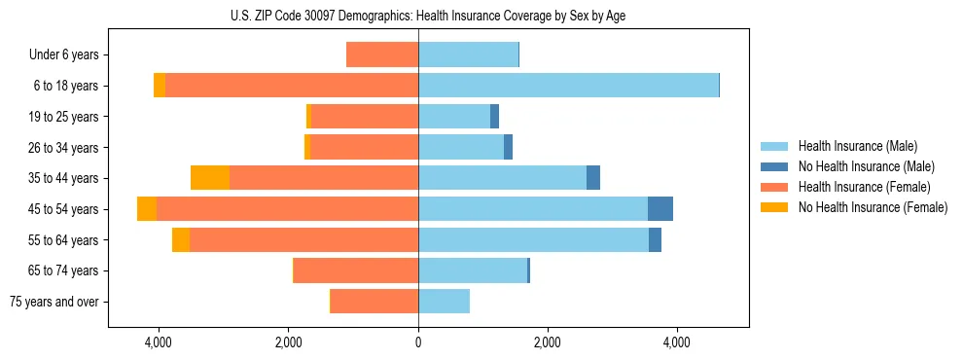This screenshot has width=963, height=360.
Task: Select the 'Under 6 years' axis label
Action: pyautogui.click(x=69, y=55)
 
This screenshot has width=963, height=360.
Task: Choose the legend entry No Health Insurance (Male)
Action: pyautogui.click(x=862, y=166)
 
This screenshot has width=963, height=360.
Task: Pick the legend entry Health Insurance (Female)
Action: pyautogui.click(x=859, y=187)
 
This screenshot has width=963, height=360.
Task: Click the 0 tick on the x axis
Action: pyautogui.click(x=418, y=342)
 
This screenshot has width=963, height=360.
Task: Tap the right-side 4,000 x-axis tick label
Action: pyautogui.click(x=676, y=342)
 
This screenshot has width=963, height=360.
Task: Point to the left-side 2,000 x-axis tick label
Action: pyautogui.click(x=289, y=342)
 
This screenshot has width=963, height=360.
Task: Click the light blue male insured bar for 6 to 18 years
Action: pyautogui.click(x=568, y=86)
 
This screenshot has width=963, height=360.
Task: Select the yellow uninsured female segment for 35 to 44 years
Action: pyautogui.click(x=210, y=178)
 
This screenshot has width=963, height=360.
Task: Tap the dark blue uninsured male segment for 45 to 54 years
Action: pyautogui.click(x=660, y=209)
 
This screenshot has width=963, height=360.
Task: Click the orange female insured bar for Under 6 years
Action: pyautogui.click(x=382, y=55)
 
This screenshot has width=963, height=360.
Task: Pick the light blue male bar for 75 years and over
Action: pyautogui.click(x=444, y=302)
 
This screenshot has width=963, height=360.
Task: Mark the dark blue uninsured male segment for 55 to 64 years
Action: pyautogui.click(x=655, y=239)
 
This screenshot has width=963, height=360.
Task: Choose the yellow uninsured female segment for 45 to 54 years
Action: pyautogui.click(x=147, y=209)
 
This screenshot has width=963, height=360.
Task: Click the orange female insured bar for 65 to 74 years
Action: pyautogui.click(x=356, y=270)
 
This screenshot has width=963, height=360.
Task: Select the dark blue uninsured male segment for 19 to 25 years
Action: pyautogui.click(x=494, y=117)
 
